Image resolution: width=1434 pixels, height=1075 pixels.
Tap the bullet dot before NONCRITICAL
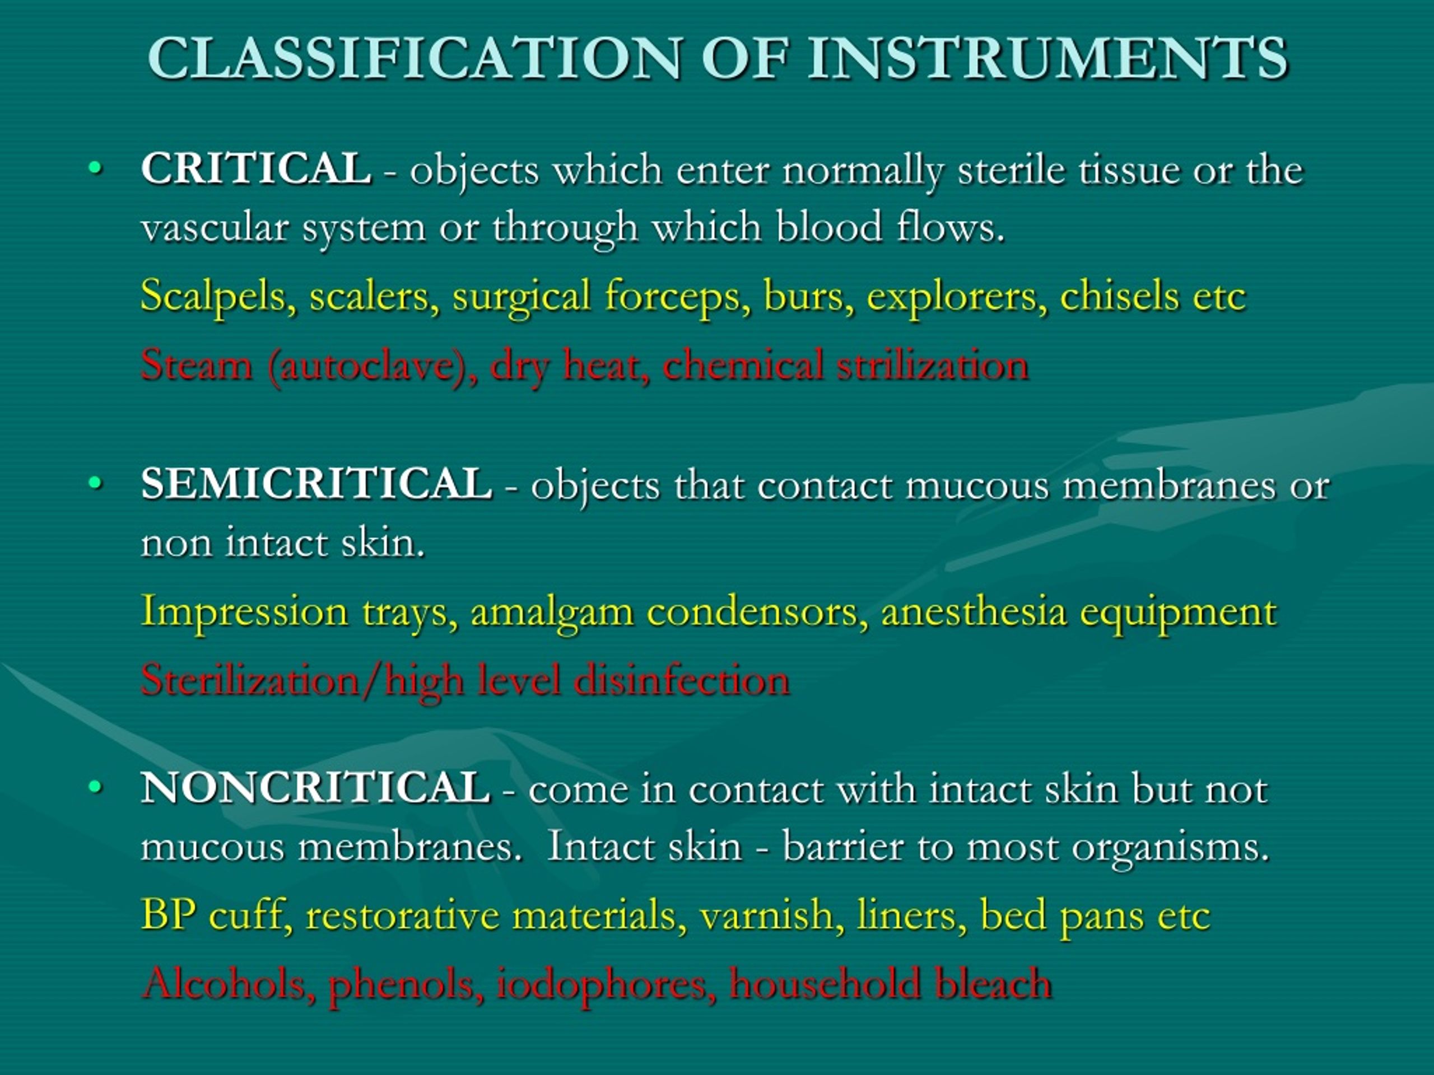point(96,788)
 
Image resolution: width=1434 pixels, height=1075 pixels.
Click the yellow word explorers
point(956,296)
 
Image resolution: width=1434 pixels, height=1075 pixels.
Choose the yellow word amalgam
point(552,611)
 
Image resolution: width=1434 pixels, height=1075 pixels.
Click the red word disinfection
point(681,680)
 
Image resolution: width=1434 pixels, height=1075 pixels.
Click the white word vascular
point(215,228)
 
